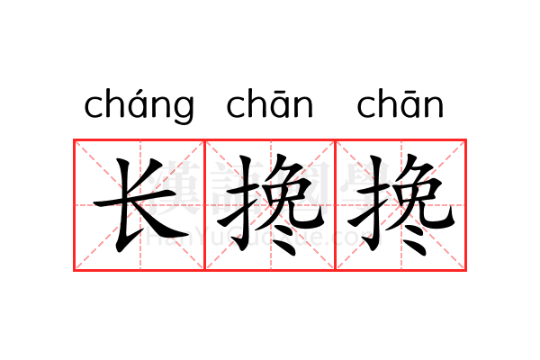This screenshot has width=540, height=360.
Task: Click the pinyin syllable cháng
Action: coord(139,106)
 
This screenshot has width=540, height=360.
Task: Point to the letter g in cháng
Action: coord(183,110)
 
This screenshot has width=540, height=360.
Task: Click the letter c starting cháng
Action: coord(94,107)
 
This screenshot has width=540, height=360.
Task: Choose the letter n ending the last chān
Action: coord(433,107)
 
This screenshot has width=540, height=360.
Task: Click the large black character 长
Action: coord(139,205)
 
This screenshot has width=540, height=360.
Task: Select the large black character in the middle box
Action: coord(270,205)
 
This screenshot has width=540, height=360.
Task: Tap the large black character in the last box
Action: coord(400,205)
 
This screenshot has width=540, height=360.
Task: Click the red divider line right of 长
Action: coord(205,205)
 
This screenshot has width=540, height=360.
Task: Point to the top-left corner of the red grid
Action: coord(75,140)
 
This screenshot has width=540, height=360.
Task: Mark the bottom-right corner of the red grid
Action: coord(466,269)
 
